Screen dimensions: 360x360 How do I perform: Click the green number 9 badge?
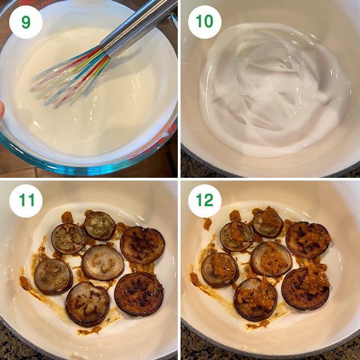tap(26, 22)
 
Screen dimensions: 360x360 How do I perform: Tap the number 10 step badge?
tap(205, 22)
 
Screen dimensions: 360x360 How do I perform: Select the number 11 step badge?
tap(26, 201)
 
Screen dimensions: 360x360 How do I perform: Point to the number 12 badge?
tap(205, 201)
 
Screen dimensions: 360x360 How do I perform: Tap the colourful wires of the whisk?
tap(69, 78)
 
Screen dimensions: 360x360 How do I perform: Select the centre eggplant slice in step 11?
tap(103, 262)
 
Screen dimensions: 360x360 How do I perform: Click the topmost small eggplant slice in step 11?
tap(100, 226)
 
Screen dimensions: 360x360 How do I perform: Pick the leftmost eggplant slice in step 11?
tap(53, 277)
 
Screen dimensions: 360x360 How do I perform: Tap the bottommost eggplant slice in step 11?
tap(88, 304)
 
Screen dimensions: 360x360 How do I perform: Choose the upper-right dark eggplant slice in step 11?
tap(142, 245)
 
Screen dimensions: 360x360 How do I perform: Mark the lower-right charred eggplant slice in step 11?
tap(139, 295)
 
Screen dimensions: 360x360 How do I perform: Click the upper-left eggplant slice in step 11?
tap(68, 238)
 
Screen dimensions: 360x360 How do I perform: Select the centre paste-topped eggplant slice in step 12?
tap(271, 259)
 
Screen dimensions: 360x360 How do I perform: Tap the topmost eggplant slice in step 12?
tap(267, 223)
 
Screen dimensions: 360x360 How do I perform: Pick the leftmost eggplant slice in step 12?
tap(220, 270)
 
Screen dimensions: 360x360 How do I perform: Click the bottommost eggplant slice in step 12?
tap(255, 299)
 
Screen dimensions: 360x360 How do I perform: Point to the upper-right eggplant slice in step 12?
tap(308, 239)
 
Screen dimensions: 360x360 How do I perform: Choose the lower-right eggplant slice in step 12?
tap(305, 289)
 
